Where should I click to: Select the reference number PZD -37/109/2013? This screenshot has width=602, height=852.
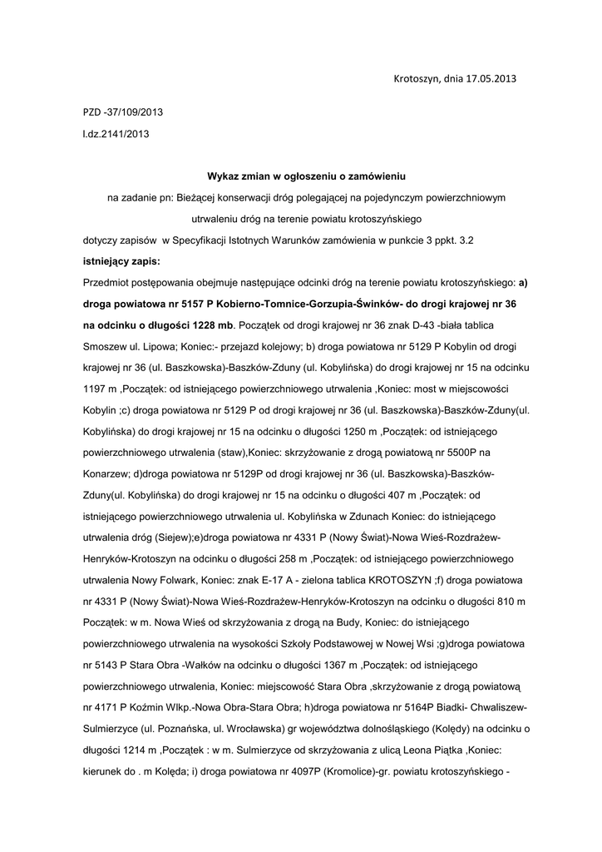coord(123,111)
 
